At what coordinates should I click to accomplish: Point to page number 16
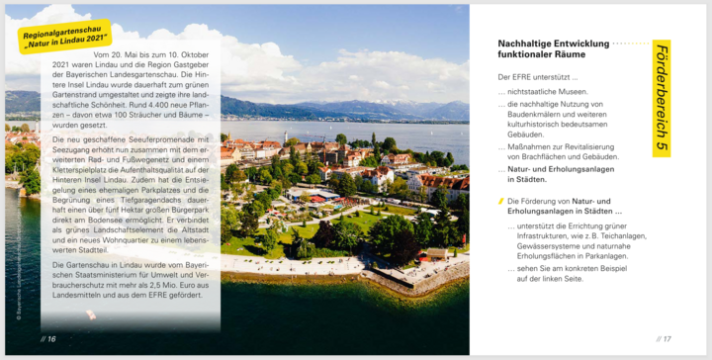coord(47,338)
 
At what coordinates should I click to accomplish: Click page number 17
coord(663,338)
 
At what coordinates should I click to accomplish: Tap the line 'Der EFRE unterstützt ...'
coord(538,76)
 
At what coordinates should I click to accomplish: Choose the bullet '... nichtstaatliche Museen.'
coord(546,91)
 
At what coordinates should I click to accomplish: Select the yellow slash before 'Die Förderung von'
coord(500,201)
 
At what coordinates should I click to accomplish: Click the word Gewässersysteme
coord(545,245)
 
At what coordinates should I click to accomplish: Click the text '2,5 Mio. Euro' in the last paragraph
coord(175,284)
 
